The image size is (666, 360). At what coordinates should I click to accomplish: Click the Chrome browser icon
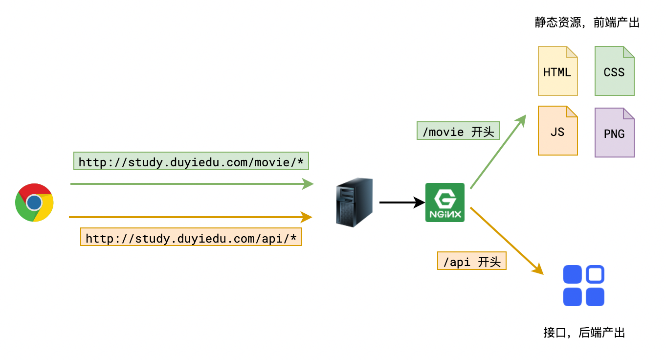[x=34, y=202]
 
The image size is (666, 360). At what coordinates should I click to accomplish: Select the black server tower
[x=355, y=202]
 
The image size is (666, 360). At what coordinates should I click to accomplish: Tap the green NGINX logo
[x=444, y=202]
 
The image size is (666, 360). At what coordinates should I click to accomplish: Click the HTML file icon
[x=557, y=71]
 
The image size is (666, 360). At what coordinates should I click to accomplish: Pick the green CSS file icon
[x=614, y=71]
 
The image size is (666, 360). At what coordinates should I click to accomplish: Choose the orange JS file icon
[x=557, y=131]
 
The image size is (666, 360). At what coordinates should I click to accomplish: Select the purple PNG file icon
[x=614, y=133]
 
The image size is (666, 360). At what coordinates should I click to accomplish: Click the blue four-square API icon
[x=583, y=286]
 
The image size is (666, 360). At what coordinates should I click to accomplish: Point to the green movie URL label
[x=191, y=161]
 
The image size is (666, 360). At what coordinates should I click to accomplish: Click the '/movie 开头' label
[x=458, y=131]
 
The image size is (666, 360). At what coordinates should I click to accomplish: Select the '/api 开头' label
[x=471, y=261]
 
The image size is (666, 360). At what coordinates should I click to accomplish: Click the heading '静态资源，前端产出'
[x=587, y=22]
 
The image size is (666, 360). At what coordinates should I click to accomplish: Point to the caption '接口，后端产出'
[x=584, y=333]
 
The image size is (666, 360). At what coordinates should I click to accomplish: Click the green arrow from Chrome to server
[x=191, y=184]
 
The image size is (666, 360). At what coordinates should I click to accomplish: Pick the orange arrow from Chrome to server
[x=191, y=217]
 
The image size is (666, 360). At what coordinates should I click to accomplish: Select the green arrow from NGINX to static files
[x=498, y=152]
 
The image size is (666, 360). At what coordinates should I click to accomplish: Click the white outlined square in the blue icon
[x=595, y=274]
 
